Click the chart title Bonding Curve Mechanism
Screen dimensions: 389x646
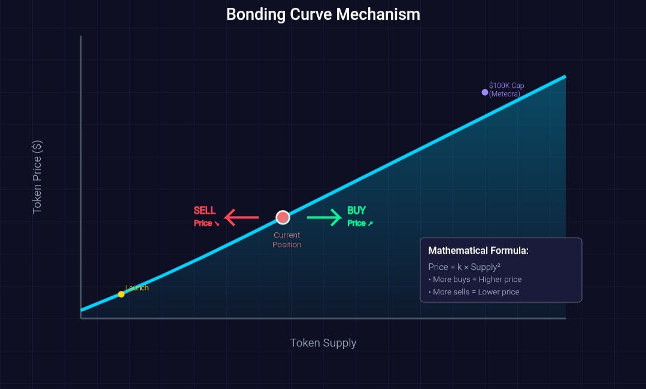[323, 14]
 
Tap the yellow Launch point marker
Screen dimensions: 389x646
[121, 294]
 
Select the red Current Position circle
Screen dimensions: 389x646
[283, 217]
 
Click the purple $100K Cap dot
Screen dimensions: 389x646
[485, 92]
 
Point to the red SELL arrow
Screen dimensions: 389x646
[242, 217]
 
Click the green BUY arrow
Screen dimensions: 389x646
[324, 217]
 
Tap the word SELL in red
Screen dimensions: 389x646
[205, 211]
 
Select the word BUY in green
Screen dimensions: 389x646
[356, 211]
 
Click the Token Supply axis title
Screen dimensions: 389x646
[323, 343]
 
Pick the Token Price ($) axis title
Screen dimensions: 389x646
[37, 177]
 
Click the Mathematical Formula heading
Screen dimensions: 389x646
[478, 251]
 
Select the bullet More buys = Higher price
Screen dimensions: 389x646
[475, 279]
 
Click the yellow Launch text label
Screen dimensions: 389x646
[137, 288]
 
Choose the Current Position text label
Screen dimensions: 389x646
[287, 240]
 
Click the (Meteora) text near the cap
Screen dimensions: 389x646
[504, 94]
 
